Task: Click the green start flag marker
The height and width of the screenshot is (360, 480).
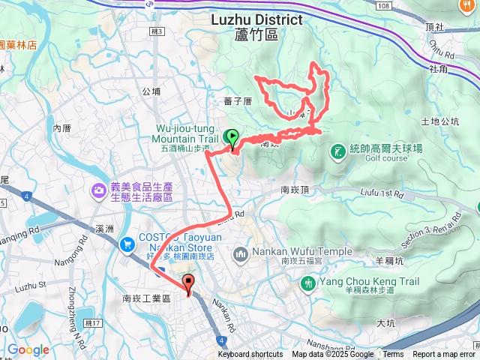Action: pos(232,138)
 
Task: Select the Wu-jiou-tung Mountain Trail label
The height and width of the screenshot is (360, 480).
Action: pos(186,133)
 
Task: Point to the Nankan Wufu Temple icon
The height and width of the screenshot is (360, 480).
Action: pos(241,255)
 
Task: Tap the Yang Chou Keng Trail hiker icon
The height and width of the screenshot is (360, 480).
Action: pos(307,283)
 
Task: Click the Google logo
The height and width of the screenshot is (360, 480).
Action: pos(28,349)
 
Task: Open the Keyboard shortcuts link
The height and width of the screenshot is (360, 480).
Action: pos(250,355)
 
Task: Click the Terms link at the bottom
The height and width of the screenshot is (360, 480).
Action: pos(393,355)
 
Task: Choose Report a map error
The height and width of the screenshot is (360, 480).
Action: pos(443,355)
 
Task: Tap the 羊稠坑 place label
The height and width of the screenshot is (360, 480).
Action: pos(390,262)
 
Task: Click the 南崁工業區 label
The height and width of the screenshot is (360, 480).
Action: pos(147,298)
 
